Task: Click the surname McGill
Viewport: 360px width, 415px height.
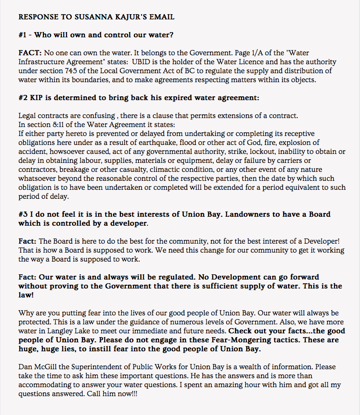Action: click(46, 367)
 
